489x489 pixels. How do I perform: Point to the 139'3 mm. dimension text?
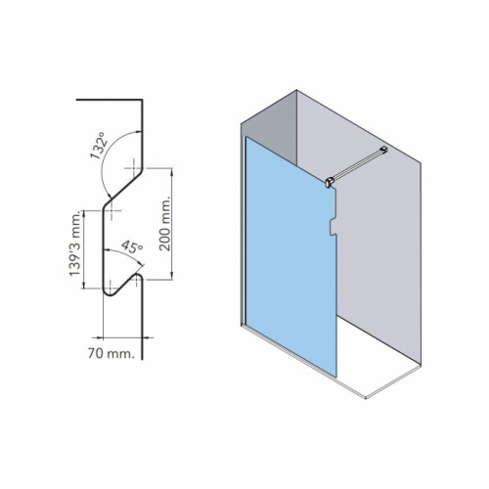71,247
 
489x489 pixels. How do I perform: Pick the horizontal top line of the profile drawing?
111,99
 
